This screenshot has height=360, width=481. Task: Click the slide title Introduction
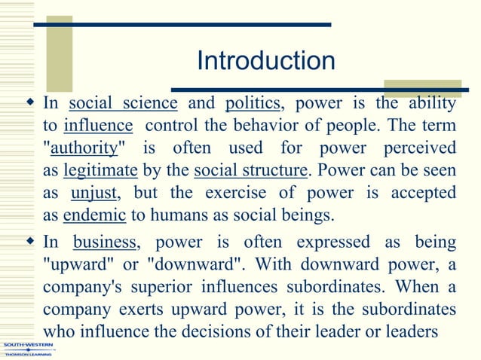tap(265, 61)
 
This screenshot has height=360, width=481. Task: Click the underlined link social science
tap(123, 103)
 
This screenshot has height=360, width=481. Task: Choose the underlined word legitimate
tap(100, 169)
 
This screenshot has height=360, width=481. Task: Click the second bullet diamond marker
tap(29, 242)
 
